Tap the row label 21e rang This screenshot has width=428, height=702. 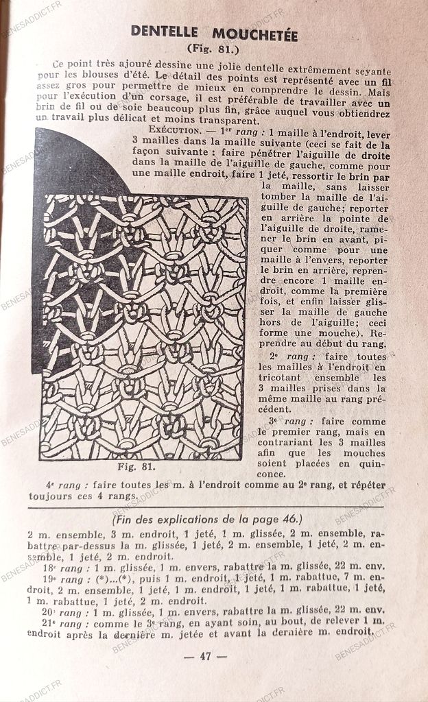[x=64, y=622]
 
